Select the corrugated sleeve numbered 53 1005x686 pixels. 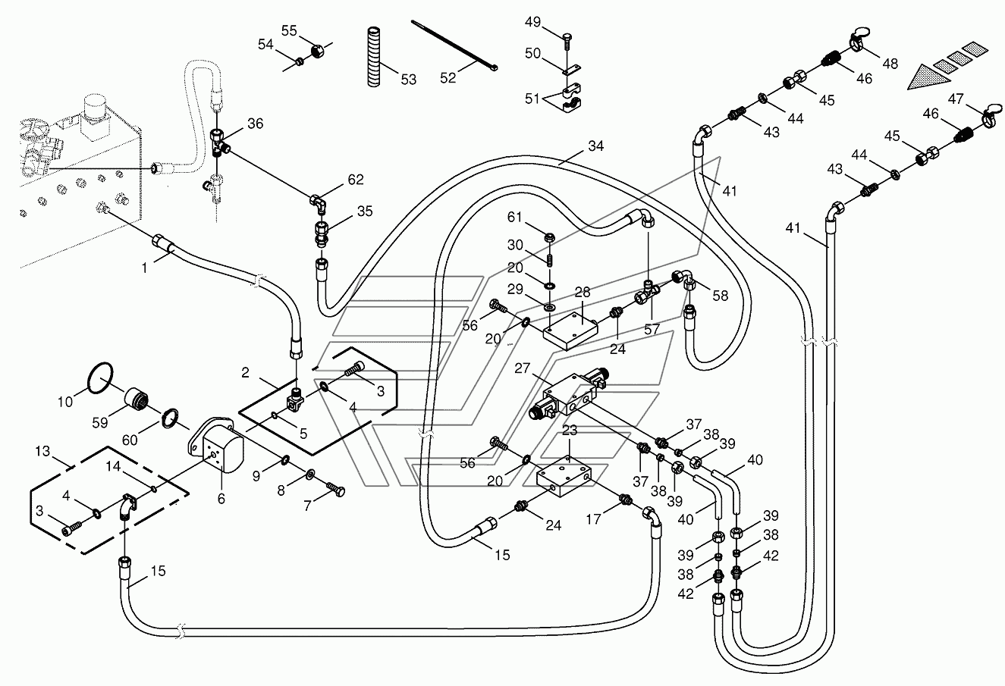[374, 57]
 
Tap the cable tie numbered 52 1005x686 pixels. [454, 45]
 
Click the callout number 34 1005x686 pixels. [596, 146]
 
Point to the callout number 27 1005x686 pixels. [523, 368]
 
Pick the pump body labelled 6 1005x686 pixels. [215, 445]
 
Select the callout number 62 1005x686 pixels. [356, 180]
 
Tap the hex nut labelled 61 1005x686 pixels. [548, 236]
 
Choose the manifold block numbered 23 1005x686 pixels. [564, 477]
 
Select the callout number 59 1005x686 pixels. [99, 422]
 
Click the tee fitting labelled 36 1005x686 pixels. [219, 143]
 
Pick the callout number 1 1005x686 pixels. [144, 268]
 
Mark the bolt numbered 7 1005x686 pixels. [335, 488]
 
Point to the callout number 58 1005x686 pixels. [721, 295]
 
